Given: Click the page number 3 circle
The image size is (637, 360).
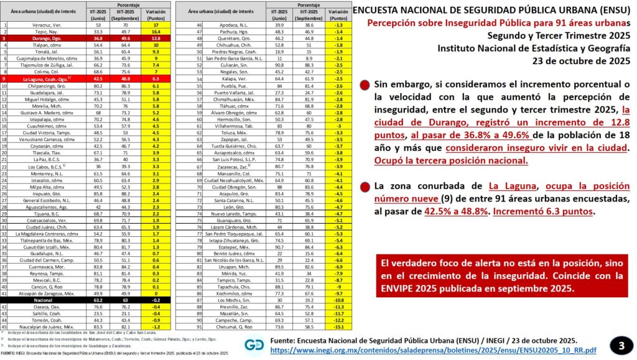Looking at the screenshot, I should pyautogui.click(x=618, y=344).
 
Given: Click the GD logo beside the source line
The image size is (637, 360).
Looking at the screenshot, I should pyautogui.click(x=254, y=344).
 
